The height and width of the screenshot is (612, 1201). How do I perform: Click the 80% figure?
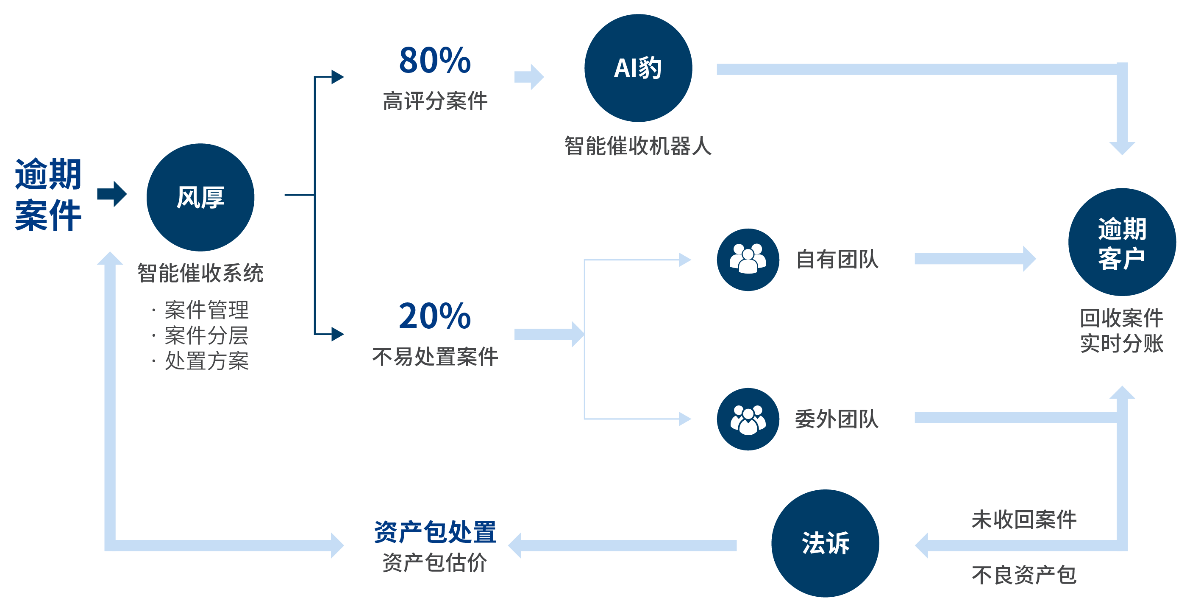434,61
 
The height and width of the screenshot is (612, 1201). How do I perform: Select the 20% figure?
434,316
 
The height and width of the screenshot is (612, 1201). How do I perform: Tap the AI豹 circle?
638,68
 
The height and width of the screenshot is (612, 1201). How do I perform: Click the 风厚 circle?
200,197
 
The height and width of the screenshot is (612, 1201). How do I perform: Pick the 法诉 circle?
825,543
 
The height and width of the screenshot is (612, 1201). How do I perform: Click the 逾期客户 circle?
1122,242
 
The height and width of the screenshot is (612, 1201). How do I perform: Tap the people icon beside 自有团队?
748,260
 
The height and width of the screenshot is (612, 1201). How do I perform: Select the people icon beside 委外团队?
748,419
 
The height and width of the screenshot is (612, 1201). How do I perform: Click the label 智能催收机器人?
638,146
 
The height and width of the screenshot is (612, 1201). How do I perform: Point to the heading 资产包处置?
435,532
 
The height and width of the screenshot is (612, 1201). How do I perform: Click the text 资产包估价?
435,562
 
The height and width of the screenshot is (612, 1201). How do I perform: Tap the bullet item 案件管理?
206,310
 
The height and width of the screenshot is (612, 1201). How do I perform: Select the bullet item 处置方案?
206,361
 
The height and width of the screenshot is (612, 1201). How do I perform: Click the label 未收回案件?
1024,520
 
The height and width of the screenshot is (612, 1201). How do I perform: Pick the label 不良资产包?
1024,575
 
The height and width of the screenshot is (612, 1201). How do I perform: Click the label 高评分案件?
435,101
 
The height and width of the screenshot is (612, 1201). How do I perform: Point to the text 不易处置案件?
435,357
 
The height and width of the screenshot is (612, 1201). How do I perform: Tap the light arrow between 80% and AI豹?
529,77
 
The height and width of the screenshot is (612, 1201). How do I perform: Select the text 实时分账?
1122,343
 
